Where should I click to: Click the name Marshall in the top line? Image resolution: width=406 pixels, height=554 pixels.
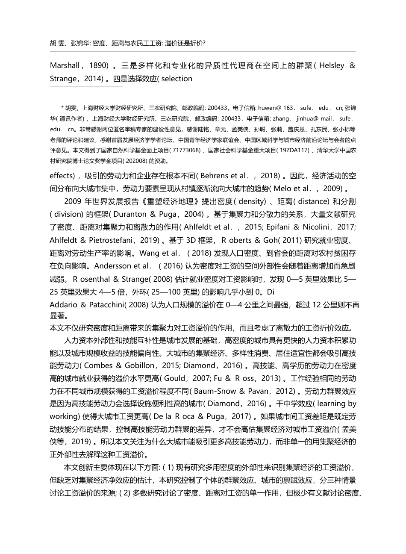(65, 65)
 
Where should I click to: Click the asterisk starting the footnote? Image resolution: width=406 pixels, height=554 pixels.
(63, 108)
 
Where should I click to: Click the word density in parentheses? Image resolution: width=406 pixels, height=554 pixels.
(253, 201)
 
